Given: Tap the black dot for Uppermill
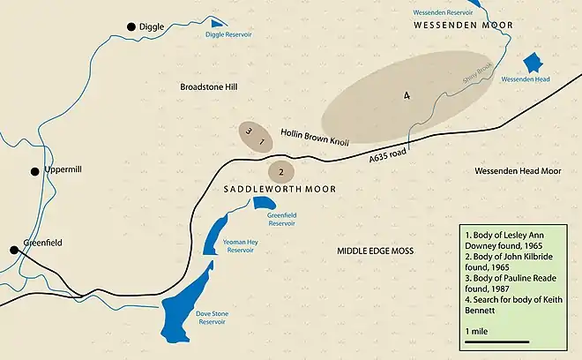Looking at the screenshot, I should [35, 171].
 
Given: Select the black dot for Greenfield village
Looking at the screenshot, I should [14, 250].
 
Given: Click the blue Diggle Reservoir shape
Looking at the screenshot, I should [215, 21].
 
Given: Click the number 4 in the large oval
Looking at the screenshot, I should [407, 96].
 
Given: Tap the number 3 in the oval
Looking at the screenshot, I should [250, 132].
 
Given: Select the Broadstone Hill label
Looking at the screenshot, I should [209, 87].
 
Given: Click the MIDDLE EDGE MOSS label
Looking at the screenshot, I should [376, 251].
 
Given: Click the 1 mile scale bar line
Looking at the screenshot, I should [496, 341].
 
